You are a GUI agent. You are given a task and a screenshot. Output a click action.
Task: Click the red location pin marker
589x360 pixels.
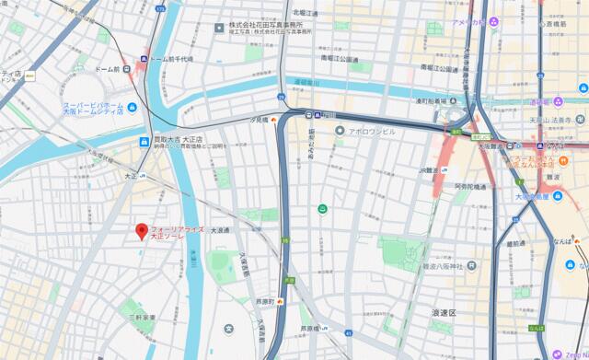pos(141,231)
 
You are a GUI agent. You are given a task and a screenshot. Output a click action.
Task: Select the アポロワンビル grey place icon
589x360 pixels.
pos(339,132)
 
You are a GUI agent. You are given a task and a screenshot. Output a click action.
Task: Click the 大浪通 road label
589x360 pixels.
pos(224,230)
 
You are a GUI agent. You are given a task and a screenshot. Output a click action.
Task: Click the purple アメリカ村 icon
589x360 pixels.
pos(494,21)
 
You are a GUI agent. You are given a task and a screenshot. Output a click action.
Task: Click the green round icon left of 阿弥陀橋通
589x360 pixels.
pos(322,211)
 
